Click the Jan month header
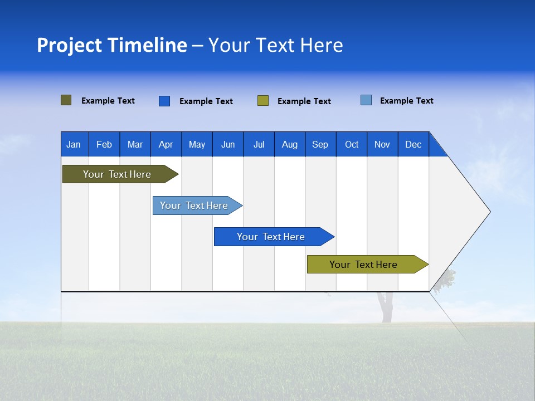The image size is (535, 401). click(x=74, y=144)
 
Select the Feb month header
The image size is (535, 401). click(x=104, y=144)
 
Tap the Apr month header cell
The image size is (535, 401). click(x=166, y=144)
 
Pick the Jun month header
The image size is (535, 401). click(x=228, y=144)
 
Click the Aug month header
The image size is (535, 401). click(x=290, y=144)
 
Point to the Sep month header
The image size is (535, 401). click(x=320, y=144)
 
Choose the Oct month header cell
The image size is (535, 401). click(x=352, y=144)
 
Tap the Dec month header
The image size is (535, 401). click(x=414, y=144)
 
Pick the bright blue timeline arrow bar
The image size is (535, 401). click(x=271, y=237)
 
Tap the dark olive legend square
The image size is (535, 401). click(x=66, y=100)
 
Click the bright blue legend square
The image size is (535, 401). click(x=164, y=101)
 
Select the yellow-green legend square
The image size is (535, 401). click(x=263, y=101)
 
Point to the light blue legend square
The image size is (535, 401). click(x=366, y=100)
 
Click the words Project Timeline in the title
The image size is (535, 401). click(x=111, y=45)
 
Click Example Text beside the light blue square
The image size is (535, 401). click(x=407, y=101)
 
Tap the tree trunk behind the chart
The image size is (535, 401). click(x=386, y=310)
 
